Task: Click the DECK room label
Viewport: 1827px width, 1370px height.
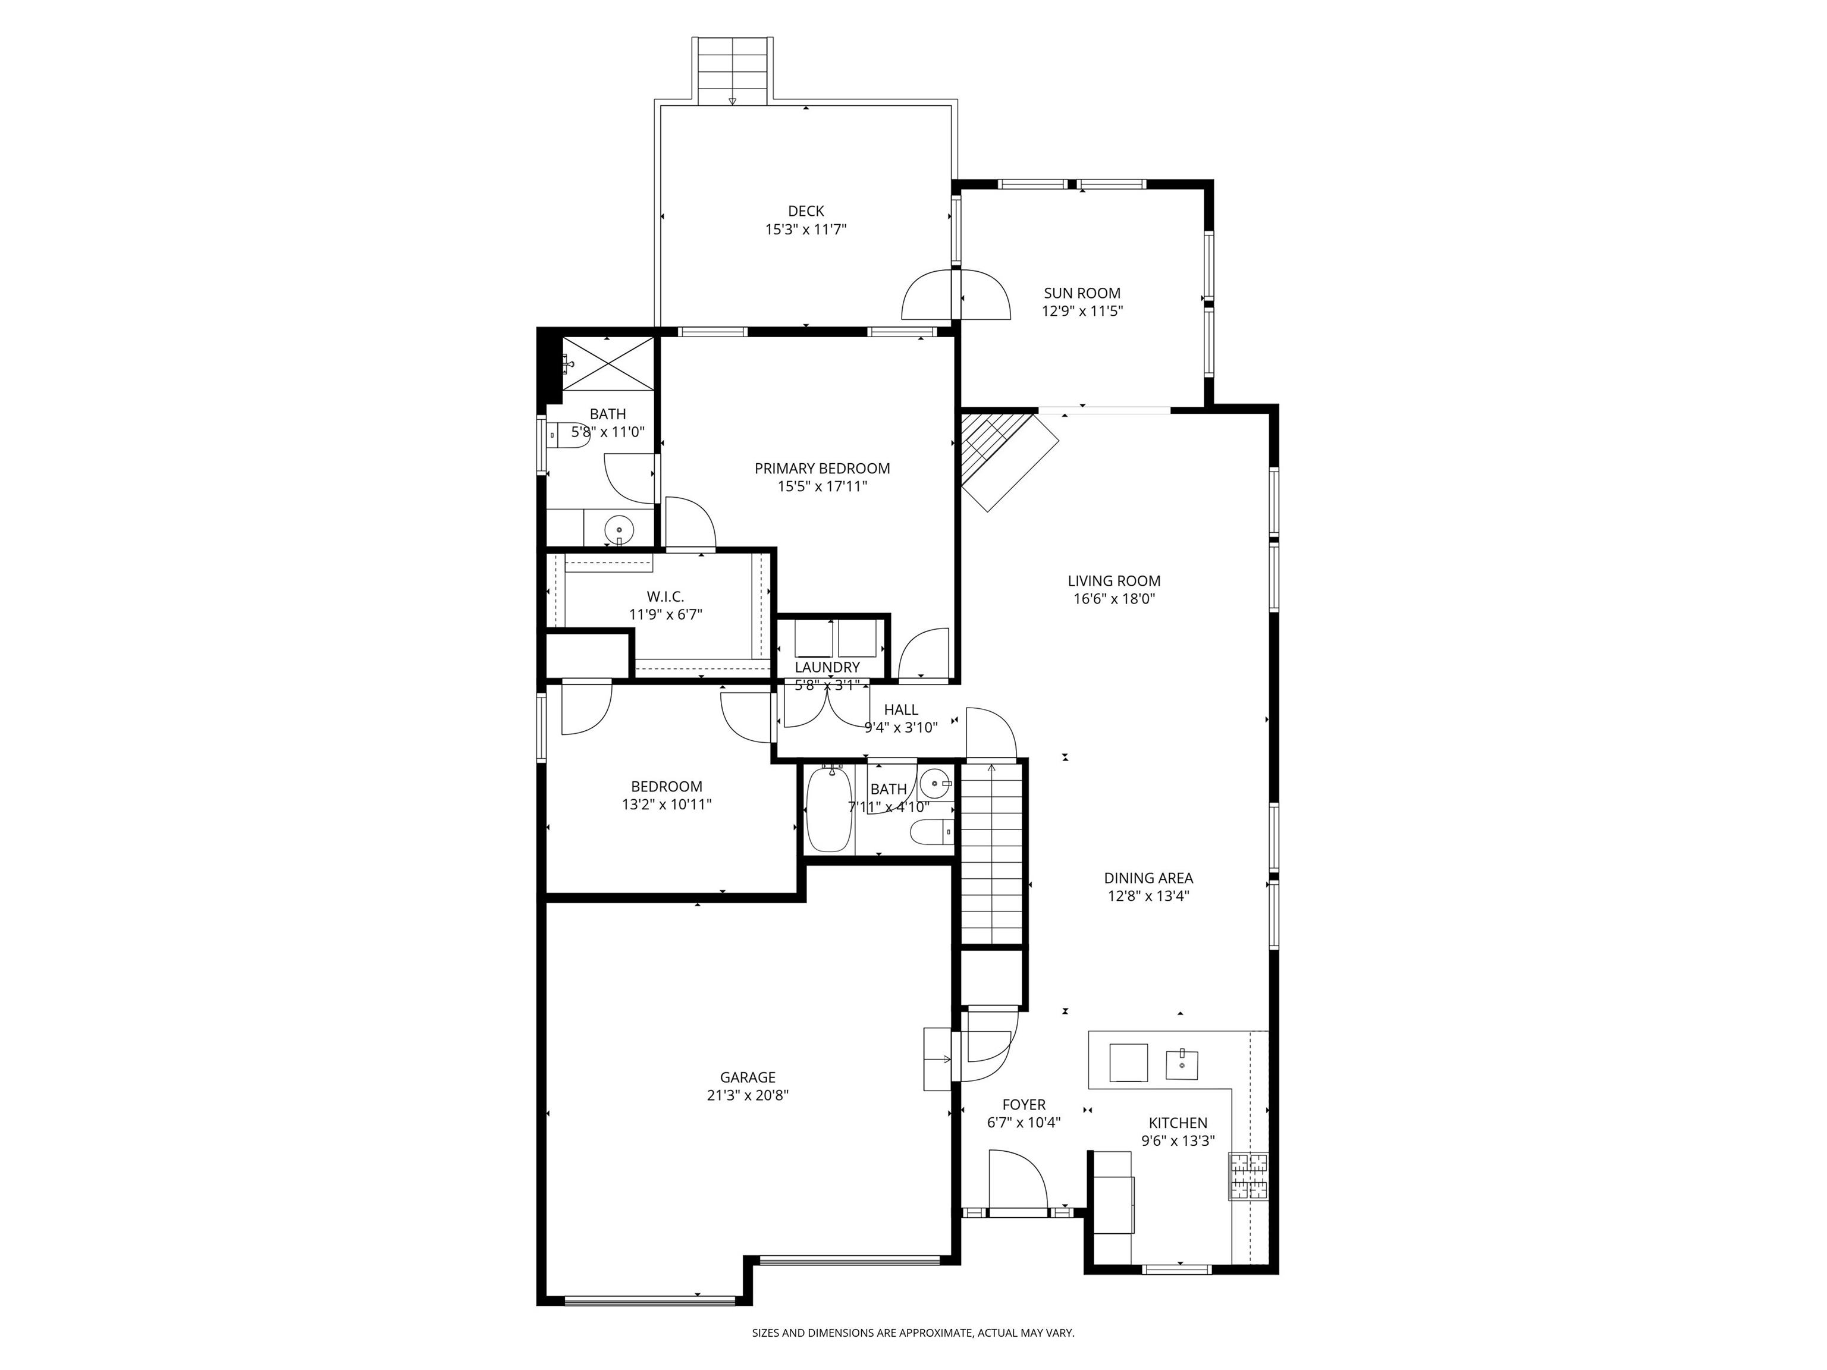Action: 805,212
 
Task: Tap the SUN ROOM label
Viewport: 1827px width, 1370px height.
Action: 1082,293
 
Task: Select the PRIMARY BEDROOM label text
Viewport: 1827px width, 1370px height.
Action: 822,468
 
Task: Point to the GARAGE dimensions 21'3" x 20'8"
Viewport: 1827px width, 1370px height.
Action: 748,1095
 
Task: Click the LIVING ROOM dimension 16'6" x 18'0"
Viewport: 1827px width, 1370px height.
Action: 1113,599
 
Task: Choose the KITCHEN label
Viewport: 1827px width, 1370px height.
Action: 1178,1123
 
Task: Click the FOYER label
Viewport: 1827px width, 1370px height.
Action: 1024,1105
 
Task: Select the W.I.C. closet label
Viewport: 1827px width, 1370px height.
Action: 665,596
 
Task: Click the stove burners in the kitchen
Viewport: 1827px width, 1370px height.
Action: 1247,1176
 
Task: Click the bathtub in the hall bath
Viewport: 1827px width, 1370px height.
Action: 828,809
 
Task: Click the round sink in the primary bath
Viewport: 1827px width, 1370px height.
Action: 619,527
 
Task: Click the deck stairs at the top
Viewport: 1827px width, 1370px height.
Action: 733,70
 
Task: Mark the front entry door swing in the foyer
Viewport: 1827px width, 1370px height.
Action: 1018,1181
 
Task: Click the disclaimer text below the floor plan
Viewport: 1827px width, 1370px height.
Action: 913,1332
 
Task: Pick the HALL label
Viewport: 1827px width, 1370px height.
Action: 900,709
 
